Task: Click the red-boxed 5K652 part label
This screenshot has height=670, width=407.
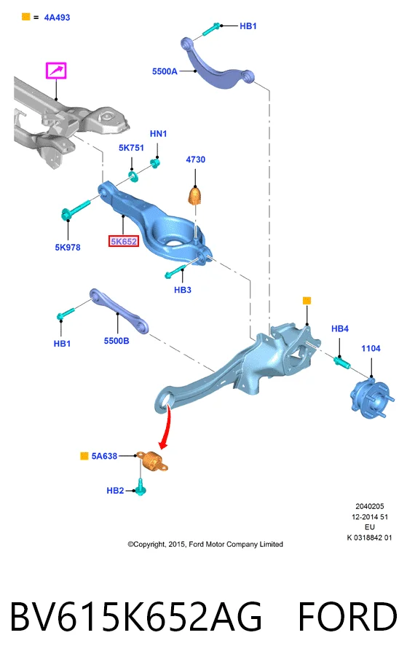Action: tap(124, 242)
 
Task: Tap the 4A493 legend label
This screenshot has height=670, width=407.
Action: tap(57, 17)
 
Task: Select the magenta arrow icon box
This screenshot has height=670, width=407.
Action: tap(56, 71)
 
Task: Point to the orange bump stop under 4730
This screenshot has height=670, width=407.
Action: tap(194, 196)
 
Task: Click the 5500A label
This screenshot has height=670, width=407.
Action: tap(165, 71)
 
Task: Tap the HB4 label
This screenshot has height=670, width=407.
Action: tap(339, 328)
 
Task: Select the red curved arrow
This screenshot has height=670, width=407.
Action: tap(165, 427)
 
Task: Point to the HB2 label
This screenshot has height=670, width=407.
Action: tap(115, 491)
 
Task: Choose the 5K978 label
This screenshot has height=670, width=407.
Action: tap(68, 248)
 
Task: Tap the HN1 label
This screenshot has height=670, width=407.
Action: tap(158, 134)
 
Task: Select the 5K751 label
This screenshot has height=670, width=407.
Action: tap(131, 148)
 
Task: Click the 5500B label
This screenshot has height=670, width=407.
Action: tap(116, 341)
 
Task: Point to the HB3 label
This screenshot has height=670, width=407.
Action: tap(182, 290)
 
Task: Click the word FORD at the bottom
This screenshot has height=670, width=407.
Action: tap(347, 617)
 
